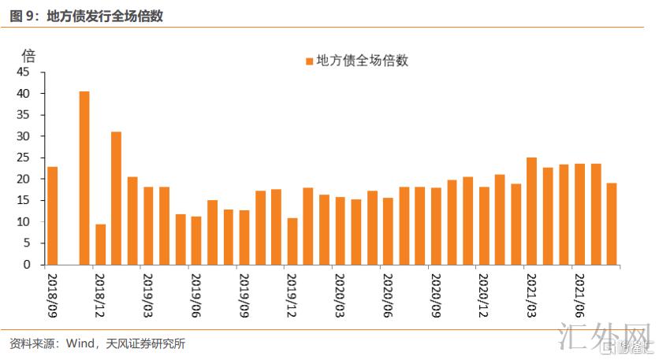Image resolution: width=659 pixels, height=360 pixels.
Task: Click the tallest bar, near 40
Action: [x=84, y=178]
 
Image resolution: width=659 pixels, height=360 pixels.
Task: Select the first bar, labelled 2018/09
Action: [x=52, y=216]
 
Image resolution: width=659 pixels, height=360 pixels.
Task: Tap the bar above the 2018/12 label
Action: [x=100, y=245]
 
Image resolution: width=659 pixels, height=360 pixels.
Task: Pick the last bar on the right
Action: [x=611, y=225]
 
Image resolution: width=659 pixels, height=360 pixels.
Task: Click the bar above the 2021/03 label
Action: [x=531, y=211]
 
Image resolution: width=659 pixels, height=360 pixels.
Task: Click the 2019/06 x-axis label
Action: [x=196, y=295]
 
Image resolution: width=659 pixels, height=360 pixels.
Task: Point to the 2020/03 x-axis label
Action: [x=340, y=295]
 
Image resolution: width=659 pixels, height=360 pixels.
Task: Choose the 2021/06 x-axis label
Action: [x=579, y=295]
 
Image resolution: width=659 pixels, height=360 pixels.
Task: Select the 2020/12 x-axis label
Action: [x=483, y=295]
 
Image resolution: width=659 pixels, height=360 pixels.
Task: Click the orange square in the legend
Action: [x=309, y=61]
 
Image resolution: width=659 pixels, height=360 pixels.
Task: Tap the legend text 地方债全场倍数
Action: [x=362, y=61]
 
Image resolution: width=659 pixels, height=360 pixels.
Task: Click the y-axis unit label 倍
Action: [x=28, y=55]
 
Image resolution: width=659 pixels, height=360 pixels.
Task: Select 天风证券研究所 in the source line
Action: [x=147, y=343]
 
